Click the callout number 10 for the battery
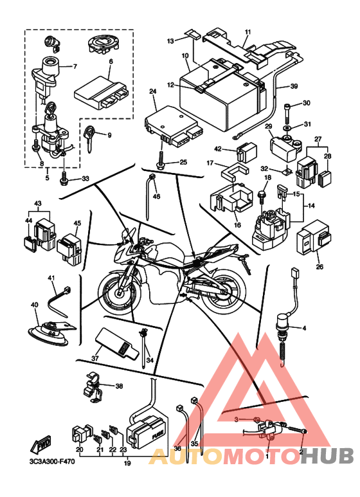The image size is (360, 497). pyautogui.click(x=185, y=56)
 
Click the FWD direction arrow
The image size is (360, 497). pyautogui.click(x=40, y=443)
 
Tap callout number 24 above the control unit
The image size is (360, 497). pyautogui.click(x=153, y=91)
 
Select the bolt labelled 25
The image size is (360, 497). pyautogui.click(x=161, y=161)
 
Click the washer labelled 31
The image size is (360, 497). pyautogui.click(x=287, y=127)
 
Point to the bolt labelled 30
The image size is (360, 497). pyautogui.click(x=287, y=114)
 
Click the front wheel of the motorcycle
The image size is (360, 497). pyautogui.click(x=120, y=292)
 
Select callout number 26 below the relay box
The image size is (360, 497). pyautogui.click(x=319, y=267)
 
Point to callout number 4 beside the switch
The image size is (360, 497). pyautogui.click(x=304, y=328)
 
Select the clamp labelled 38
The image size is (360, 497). pyautogui.click(x=93, y=387)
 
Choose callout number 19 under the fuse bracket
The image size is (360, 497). pyautogui.click(x=127, y=463)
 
